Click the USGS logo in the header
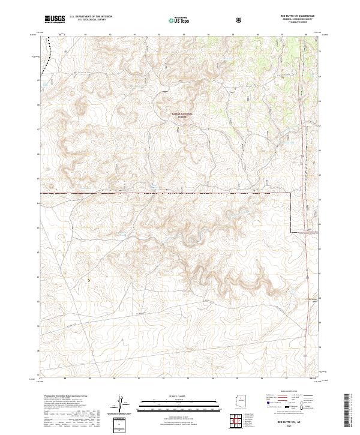point(55,19)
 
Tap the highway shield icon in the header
point(239,19)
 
